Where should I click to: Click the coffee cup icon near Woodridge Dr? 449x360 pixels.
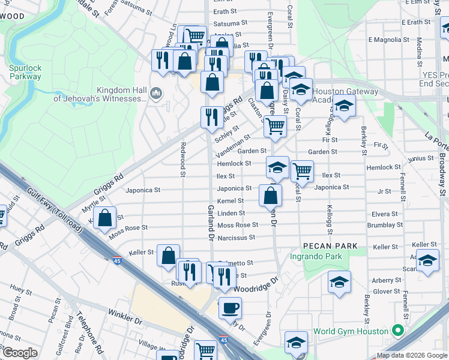pos(230,308)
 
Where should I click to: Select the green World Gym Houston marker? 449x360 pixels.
pos(396,331)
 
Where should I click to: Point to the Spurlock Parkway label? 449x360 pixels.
pos(25,72)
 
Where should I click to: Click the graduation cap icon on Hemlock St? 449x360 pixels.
pos(277,167)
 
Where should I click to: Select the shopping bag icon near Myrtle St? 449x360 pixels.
pos(105,220)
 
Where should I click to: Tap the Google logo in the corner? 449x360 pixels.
pos(19,352)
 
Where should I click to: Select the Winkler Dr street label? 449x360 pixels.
pos(124,314)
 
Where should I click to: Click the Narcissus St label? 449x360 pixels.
pos(236,238)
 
